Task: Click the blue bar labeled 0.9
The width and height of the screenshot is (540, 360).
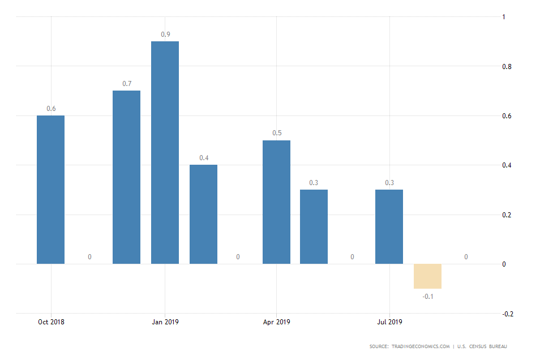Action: (x=165, y=152)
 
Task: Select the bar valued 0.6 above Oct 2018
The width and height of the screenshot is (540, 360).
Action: (x=50, y=190)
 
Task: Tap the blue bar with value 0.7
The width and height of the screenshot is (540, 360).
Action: (x=126, y=177)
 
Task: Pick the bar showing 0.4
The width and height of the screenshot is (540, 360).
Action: (x=203, y=214)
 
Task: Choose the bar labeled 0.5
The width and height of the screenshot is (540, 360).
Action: (x=277, y=202)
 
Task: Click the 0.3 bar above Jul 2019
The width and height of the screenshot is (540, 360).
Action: (x=389, y=226)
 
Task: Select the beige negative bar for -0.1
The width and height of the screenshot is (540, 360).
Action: (x=427, y=276)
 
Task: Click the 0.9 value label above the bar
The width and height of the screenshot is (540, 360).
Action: (x=165, y=35)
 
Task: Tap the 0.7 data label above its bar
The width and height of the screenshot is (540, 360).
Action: (x=127, y=84)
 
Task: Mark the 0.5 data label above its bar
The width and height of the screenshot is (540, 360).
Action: (x=277, y=133)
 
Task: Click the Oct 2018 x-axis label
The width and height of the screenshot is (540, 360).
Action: (x=51, y=322)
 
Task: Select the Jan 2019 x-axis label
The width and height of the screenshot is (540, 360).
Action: (x=165, y=322)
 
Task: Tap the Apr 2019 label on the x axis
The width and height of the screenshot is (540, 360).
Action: (x=276, y=322)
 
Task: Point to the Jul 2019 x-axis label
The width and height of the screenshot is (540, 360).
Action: (x=389, y=322)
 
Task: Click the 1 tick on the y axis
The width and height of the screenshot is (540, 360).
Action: (x=504, y=17)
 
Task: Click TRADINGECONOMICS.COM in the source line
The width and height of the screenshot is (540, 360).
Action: (x=419, y=346)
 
